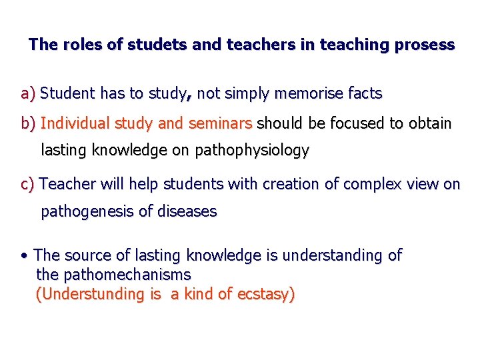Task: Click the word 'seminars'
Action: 219,124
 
